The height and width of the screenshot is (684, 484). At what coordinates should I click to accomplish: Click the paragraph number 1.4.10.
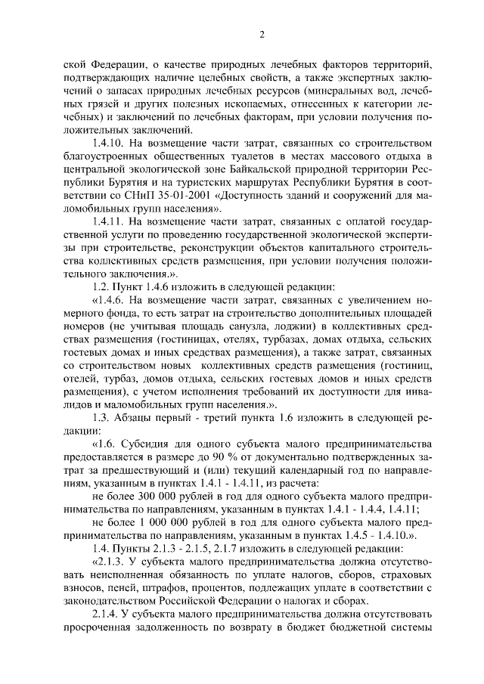110,144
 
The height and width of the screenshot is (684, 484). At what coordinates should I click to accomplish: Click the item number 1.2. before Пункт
101,286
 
